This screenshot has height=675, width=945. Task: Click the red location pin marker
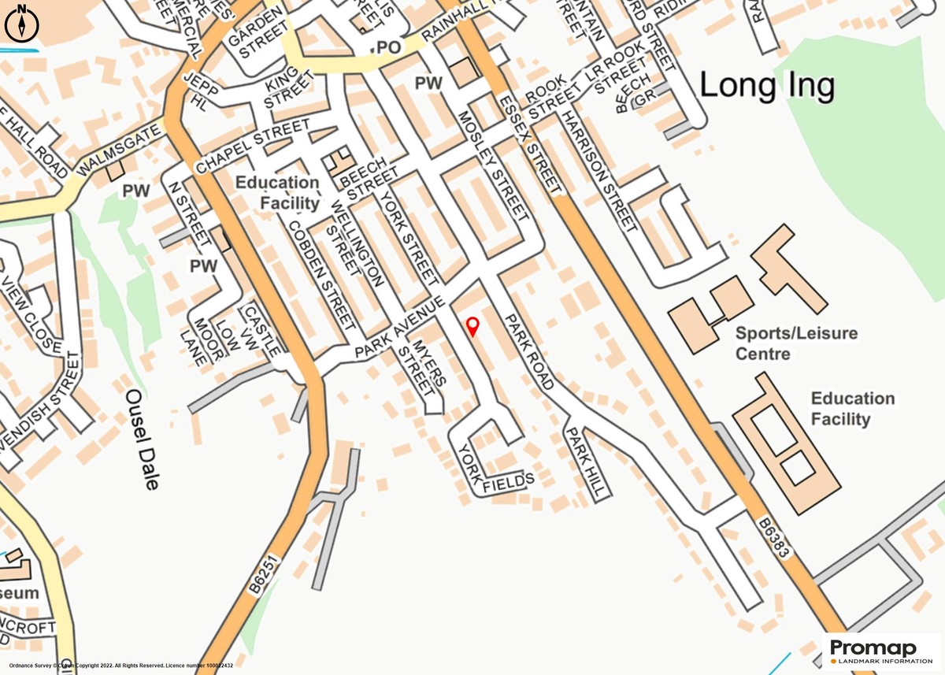click(x=472, y=325)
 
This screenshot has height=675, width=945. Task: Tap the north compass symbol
click(x=22, y=23)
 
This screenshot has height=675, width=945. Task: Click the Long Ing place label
click(x=767, y=85)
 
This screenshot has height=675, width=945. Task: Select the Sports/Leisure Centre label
click(x=796, y=343)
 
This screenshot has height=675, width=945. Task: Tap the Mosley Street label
click(x=492, y=165)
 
